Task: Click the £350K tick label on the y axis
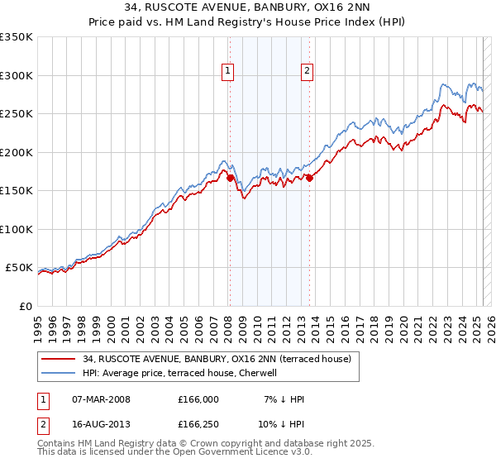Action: click(x=16, y=37)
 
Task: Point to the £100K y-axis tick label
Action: click(x=16, y=229)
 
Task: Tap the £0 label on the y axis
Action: click(x=24, y=306)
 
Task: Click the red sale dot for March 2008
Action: click(x=230, y=176)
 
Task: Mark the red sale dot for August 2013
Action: click(x=309, y=177)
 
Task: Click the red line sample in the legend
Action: click(x=59, y=359)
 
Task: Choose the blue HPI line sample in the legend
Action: click(x=59, y=373)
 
